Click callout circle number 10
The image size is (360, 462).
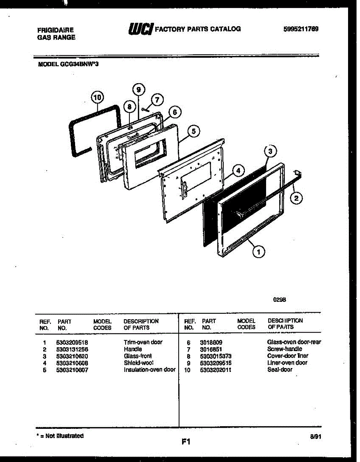97,98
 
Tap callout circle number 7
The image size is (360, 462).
156,100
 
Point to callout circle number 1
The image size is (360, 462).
259,252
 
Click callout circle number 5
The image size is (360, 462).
194,132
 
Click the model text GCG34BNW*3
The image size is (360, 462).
68,65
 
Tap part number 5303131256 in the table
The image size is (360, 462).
72,349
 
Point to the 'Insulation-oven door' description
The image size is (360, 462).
149,370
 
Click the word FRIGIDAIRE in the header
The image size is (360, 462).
55,30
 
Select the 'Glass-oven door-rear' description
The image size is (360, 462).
294,342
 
